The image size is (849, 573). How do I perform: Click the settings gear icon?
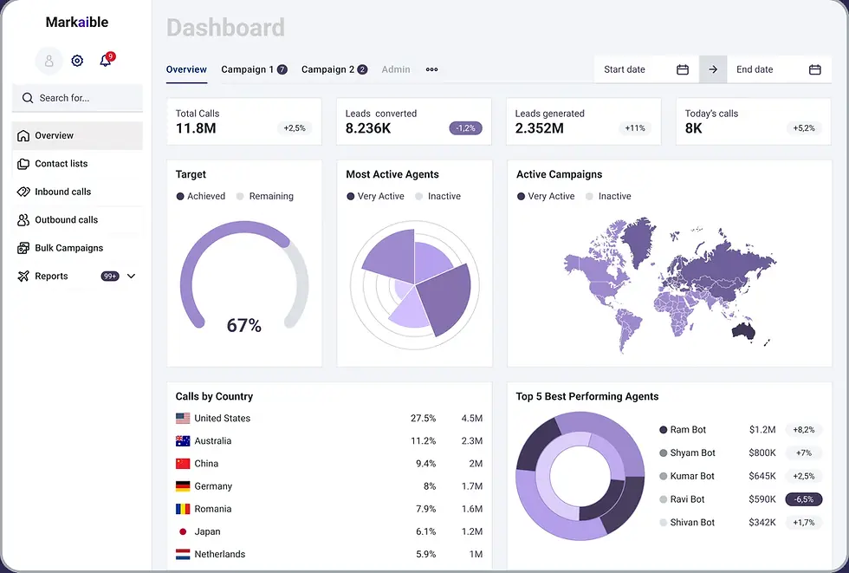point(77,61)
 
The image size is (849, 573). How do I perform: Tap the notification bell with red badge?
point(106,61)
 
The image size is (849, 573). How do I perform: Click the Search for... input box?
point(77,98)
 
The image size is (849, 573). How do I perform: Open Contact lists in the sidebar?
point(61,164)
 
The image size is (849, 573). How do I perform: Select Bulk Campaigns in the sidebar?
point(68,248)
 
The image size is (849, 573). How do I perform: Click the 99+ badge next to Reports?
point(110,277)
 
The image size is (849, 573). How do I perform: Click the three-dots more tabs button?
point(431,69)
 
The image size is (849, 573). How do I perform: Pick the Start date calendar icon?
point(683,69)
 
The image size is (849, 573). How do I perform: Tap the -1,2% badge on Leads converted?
point(465,128)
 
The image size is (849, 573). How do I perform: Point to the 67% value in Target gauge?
point(243,326)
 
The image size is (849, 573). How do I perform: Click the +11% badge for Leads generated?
point(635,128)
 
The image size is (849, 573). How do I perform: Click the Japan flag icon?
point(183,532)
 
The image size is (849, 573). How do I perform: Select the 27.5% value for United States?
point(423,419)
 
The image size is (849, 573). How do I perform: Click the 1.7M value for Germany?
point(471,486)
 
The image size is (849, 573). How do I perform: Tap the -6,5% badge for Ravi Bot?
point(803,499)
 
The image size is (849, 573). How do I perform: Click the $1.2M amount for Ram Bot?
point(762,430)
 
